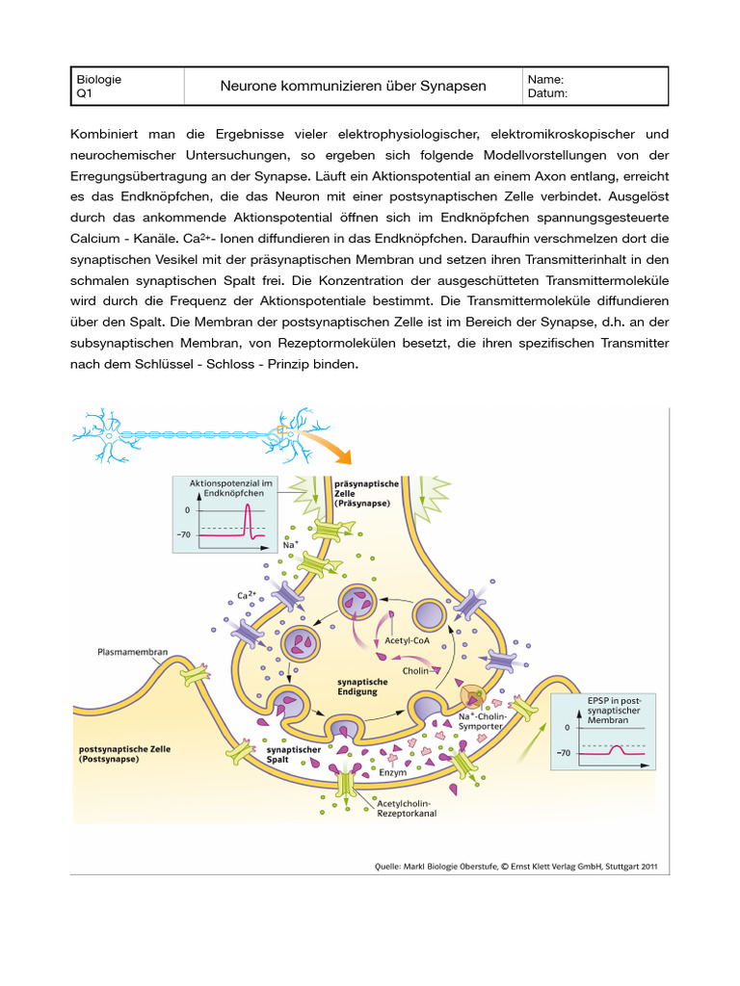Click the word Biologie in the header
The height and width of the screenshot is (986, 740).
pyautogui.click(x=98, y=80)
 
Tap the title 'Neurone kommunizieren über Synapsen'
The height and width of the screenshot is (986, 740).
pyautogui.click(x=354, y=87)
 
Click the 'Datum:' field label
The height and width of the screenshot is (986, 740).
pyautogui.click(x=548, y=93)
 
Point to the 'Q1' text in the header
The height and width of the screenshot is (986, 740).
pyautogui.click(x=84, y=94)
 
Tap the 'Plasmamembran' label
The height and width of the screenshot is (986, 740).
pyautogui.click(x=133, y=652)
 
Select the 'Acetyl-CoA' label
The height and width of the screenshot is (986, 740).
pyautogui.click(x=407, y=639)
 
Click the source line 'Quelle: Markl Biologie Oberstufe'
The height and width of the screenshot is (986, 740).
pyautogui.click(x=515, y=866)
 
